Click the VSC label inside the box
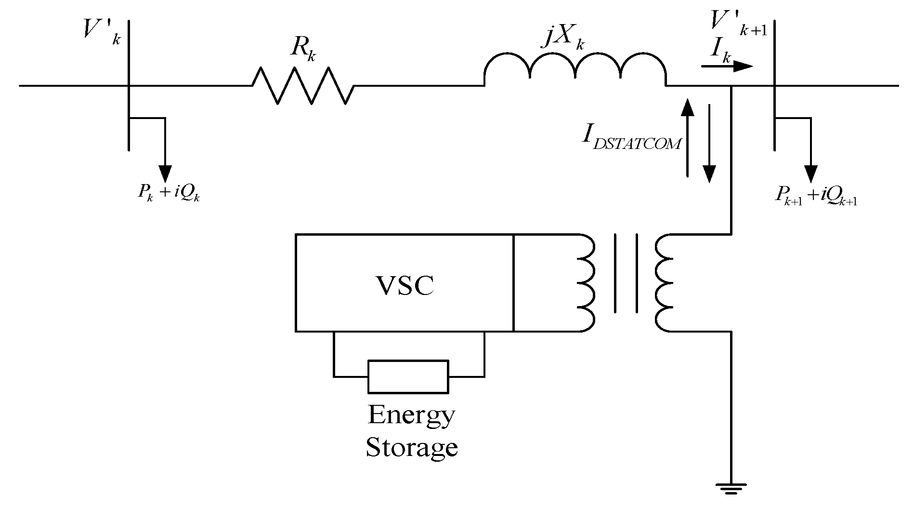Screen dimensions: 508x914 pos(404,285)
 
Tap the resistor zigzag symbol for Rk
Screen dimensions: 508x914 pos(303,86)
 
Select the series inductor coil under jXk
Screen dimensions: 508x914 pos(575,67)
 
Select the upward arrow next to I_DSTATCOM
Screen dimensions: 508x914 pos(688,137)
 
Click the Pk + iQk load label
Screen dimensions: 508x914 pos(169,193)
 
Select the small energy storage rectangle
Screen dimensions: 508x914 pos(408,376)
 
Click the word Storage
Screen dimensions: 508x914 pos(411,447)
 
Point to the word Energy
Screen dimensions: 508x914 pos(411,415)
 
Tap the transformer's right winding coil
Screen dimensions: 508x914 pos(665,283)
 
